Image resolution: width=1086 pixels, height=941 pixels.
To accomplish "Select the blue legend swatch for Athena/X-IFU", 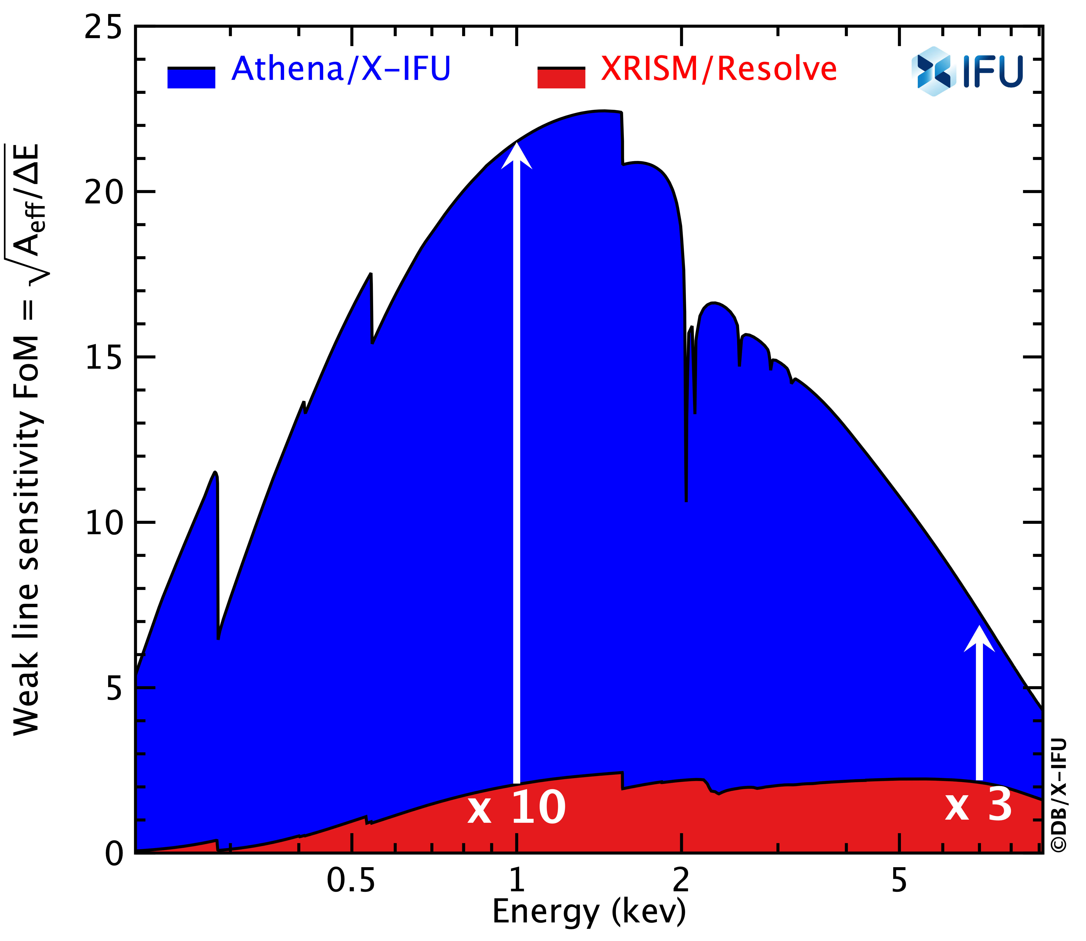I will click(x=191, y=78).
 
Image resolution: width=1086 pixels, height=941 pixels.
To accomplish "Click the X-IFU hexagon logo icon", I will click(x=934, y=71).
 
